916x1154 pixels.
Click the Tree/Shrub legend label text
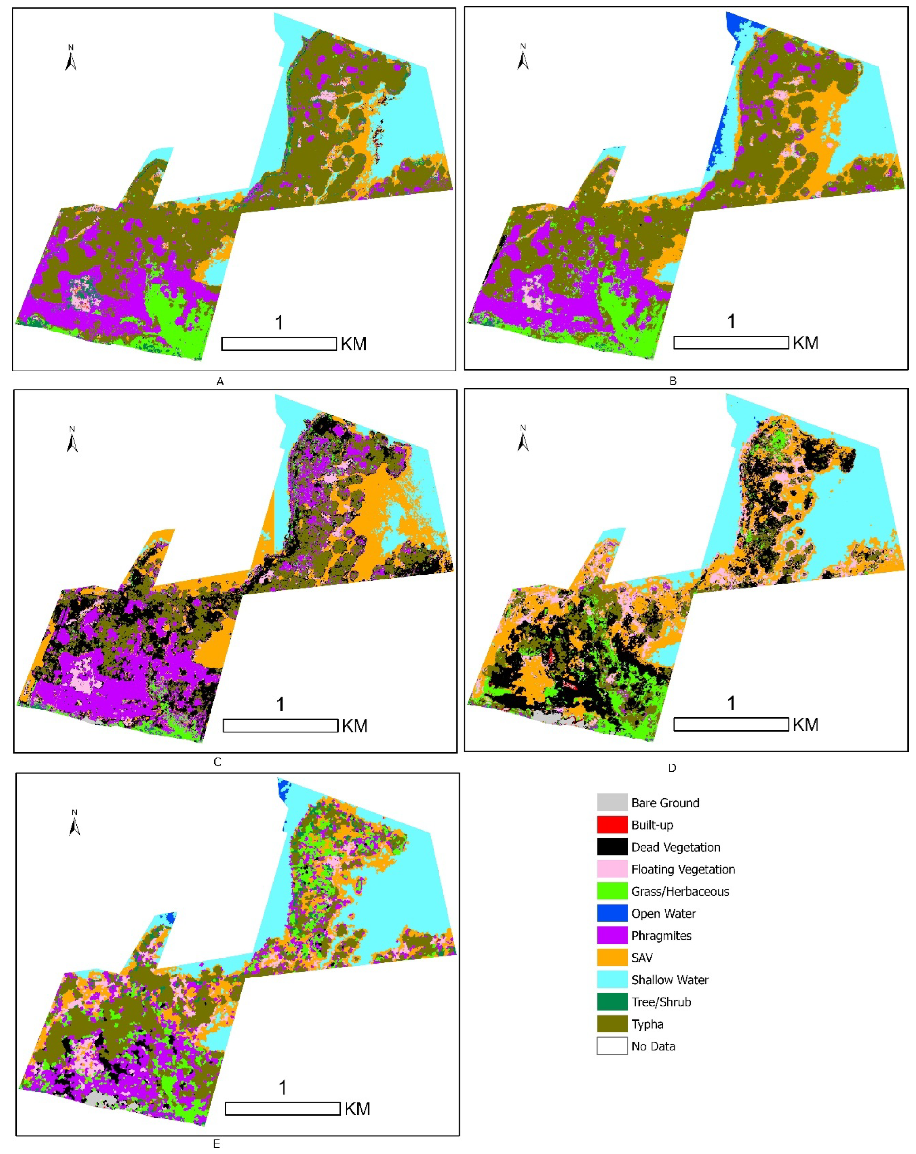[661, 1002]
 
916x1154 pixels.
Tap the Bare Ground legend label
[665, 803]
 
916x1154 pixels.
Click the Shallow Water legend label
[670, 980]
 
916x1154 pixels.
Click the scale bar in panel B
[731, 342]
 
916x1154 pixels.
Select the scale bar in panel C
[280, 726]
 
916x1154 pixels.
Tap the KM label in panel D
[805, 725]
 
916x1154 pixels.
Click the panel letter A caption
[220, 382]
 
